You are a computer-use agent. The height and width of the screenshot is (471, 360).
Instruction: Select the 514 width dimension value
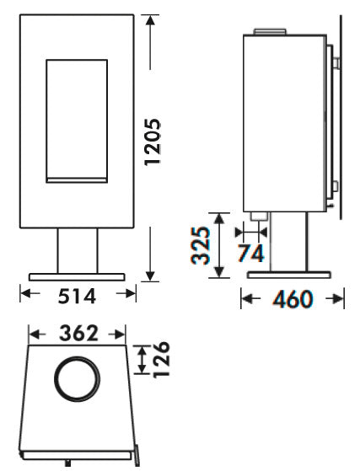click(77, 296)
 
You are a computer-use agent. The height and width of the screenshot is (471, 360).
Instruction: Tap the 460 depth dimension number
click(293, 299)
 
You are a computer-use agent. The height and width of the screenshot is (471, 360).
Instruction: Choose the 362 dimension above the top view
click(79, 334)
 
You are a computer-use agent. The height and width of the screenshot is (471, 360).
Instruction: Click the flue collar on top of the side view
click(271, 33)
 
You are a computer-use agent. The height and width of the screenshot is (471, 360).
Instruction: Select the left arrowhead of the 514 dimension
click(24, 294)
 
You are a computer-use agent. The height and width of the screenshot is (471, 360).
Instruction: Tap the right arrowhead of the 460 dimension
click(341, 299)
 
